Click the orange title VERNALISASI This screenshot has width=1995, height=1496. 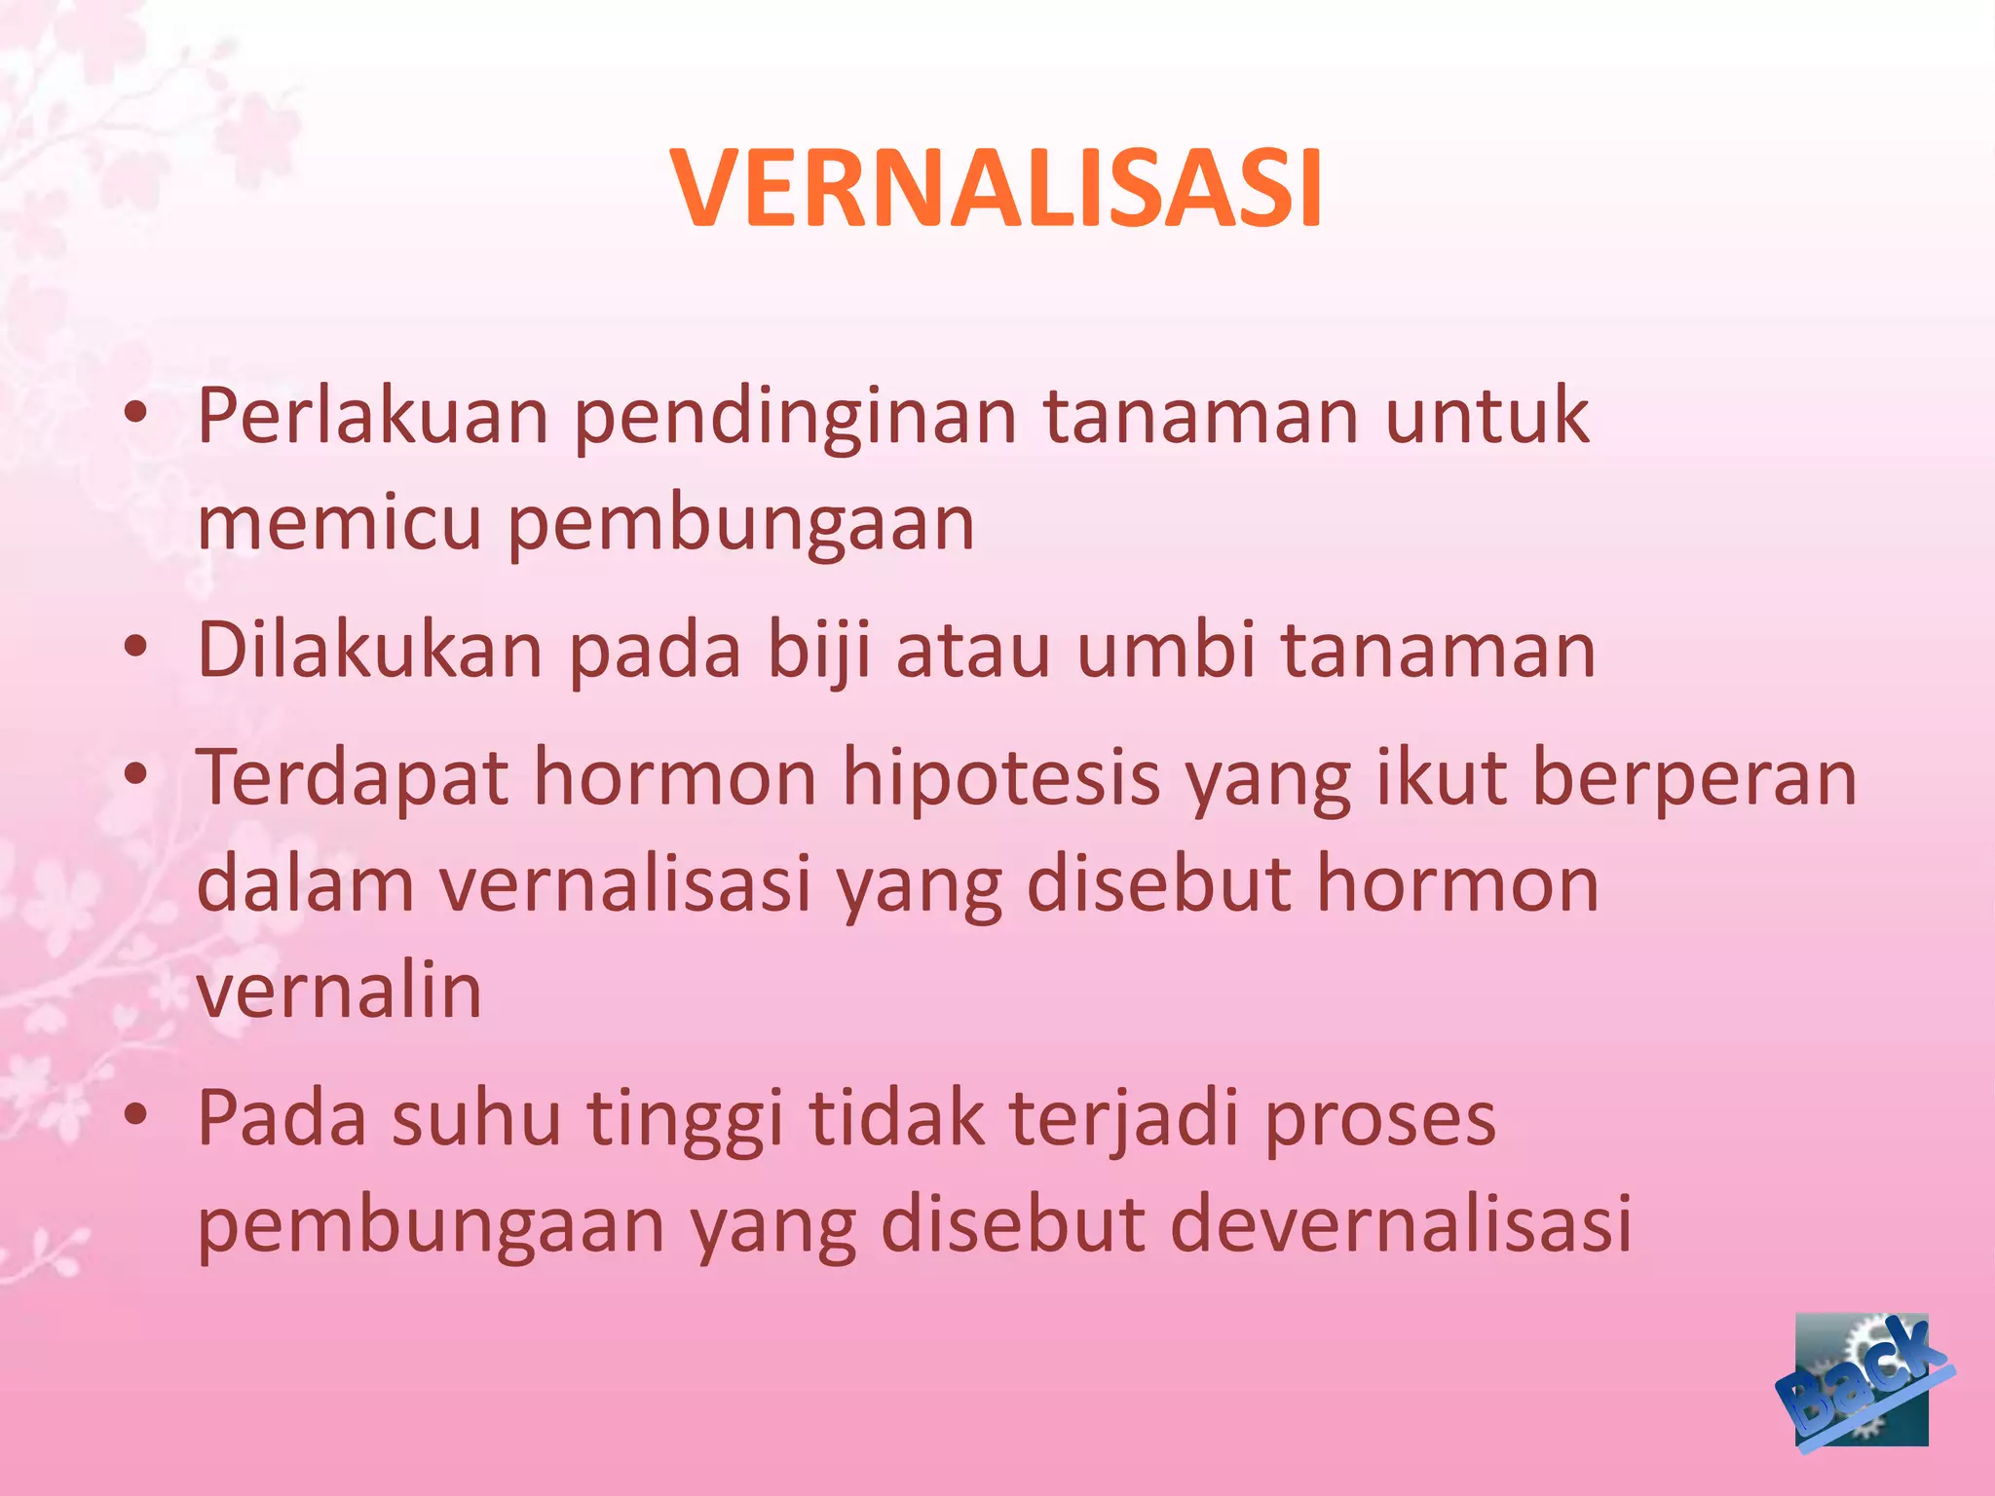tap(997, 190)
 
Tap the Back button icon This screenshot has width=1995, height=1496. tap(1863, 1380)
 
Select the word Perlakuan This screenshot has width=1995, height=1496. tap(373, 417)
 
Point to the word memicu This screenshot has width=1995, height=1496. tap(339, 523)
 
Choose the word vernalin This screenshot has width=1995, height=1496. tap(339, 991)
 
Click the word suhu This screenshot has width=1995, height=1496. tap(476, 1118)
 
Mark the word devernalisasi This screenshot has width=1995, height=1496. tap(1400, 1224)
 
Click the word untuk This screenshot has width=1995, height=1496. tap(1487, 417)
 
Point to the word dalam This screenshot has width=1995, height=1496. tap(305, 884)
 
